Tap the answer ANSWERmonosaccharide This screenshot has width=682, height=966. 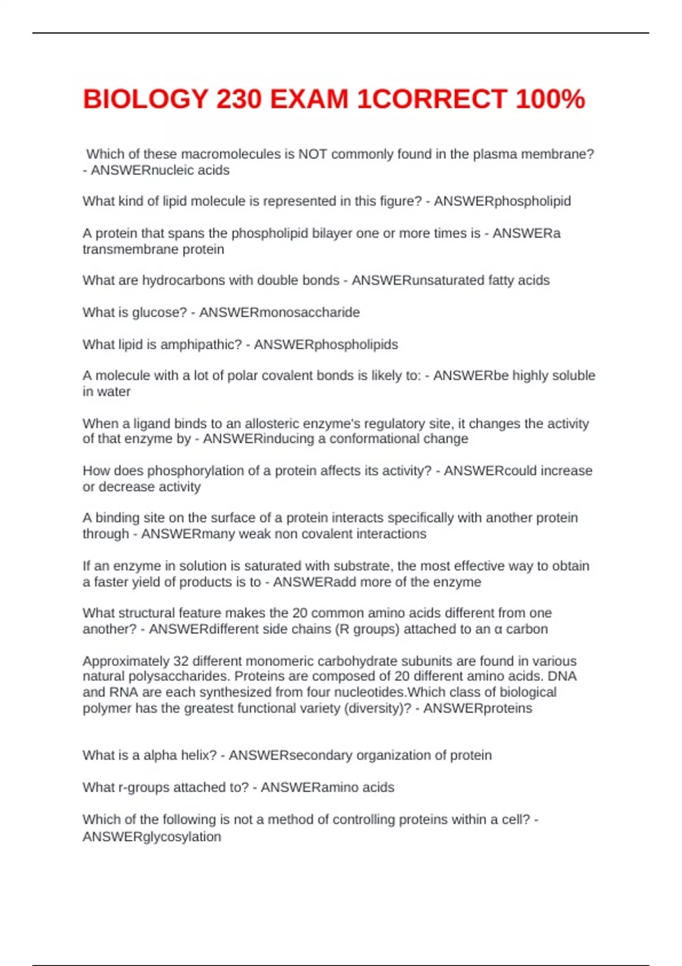[280, 312]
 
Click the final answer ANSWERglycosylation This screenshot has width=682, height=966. [152, 836]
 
